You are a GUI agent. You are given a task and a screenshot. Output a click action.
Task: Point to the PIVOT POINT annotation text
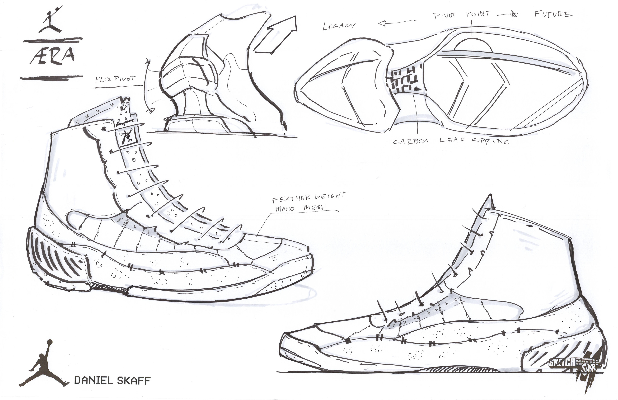coord(461,15)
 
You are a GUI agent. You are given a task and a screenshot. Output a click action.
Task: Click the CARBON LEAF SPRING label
coord(450,141)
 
